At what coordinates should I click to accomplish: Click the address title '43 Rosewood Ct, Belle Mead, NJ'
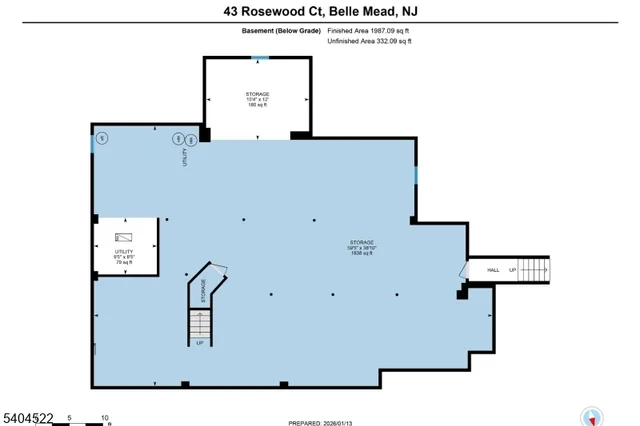[x=319, y=11]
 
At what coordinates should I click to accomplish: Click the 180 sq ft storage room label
[x=258, y=99]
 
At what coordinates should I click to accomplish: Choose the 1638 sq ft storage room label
[x=361, y=248]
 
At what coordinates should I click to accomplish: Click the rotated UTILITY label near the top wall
[x=185, y=157]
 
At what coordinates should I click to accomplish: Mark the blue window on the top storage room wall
[x=259, y=58]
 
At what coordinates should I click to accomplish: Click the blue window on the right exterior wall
[x=415, y=175]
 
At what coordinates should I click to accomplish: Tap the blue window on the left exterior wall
[x=92, y=144]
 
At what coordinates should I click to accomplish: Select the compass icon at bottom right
[x=592, y=415]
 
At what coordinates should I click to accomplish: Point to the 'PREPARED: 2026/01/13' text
[x=319, y=421]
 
